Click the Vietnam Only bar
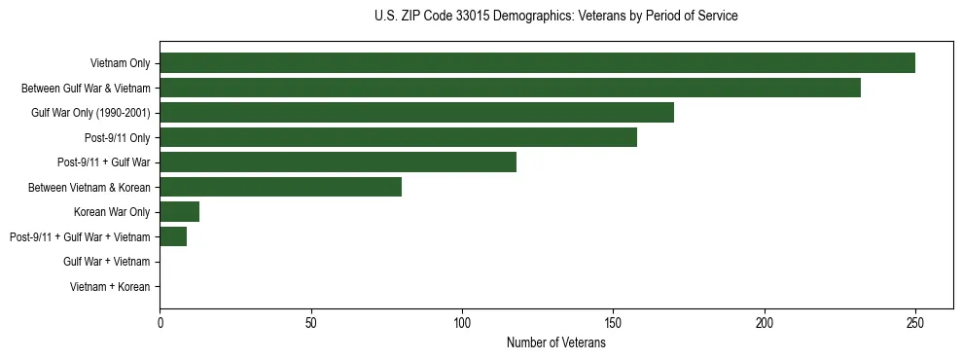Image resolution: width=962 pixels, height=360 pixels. click(x=537, y=63)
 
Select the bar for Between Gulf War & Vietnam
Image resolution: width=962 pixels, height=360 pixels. click(x=510, y=88)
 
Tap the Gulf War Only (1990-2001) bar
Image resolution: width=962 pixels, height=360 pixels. click(x=416, y=113)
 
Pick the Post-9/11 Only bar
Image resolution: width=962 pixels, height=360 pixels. click(x=398, y=137)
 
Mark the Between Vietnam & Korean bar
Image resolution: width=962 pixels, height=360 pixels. click(x=280, y=187)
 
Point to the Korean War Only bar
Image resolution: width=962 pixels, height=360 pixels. click(x=180, y=212)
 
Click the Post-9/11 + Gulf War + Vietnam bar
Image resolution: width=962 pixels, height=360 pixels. click(x=173, y=236)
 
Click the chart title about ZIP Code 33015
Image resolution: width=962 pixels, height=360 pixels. click(x=556, y=17)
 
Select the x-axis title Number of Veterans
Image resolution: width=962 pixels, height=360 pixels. click(x=556, y=343)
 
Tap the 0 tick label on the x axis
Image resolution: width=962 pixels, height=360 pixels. click(x=160, y=323)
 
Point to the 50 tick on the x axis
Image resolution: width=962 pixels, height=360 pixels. click(x=311, y=323)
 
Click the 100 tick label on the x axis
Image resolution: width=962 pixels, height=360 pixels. click(x=462, y=323)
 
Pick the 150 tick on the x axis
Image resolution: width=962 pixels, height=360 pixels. click(x=614, y=323)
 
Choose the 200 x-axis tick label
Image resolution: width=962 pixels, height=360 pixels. click(x=765, y=323)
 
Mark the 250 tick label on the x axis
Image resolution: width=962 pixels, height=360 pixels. click(x=915, y=323)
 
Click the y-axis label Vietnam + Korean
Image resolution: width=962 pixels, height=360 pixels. click(x=110, y=287)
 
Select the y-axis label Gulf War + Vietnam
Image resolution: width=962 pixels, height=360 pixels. click(x=107, y=262)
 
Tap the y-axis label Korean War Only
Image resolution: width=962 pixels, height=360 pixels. click(x=112, y=212)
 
